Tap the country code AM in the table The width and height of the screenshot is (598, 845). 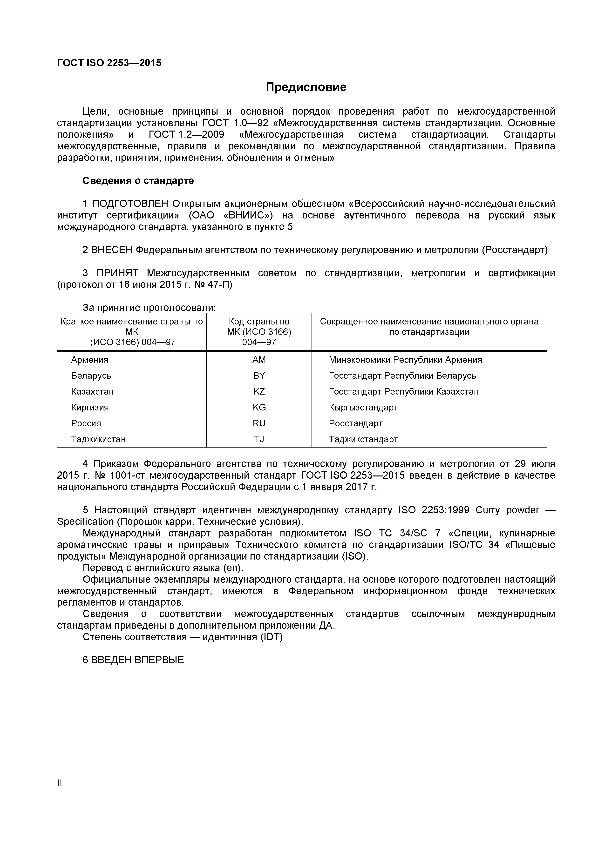(259, 360)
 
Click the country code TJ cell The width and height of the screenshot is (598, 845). (259, 439)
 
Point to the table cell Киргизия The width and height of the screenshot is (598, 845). (90, 407)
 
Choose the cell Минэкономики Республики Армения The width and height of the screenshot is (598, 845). (405, 360)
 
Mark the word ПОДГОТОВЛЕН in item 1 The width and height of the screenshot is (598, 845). (130, 204)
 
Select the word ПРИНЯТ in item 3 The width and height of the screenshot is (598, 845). (117, 273)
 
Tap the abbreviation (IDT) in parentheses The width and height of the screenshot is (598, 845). (271, 637)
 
